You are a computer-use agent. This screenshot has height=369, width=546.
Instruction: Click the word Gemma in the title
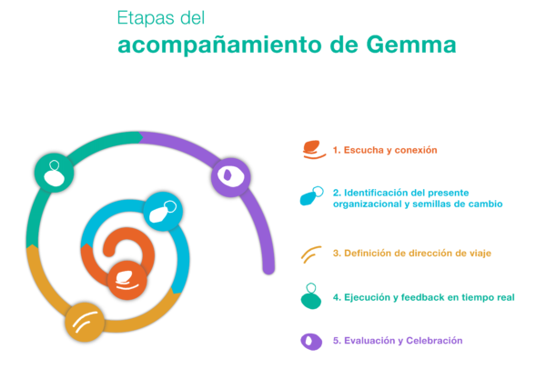[411, 45]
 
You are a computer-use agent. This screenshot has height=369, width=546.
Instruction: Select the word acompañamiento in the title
[219, 45]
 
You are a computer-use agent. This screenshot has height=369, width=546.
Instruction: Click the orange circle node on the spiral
[127, 280]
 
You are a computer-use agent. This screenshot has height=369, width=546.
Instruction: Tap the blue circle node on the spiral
[163, 212]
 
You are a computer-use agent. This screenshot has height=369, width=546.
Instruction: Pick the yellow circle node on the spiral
[85, 322]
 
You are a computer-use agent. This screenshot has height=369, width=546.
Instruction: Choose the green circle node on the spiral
[54, 173]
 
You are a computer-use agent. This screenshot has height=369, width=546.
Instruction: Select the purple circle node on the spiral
[231, 177]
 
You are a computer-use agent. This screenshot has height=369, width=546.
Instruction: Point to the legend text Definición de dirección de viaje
[418, 254]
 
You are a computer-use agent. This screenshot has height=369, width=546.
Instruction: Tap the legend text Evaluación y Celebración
[403, 341]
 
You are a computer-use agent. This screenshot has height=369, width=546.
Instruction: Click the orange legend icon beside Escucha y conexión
[314, 150]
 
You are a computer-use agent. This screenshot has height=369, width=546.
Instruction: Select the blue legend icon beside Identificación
[311, 196]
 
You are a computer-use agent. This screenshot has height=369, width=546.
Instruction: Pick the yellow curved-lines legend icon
[311, 254]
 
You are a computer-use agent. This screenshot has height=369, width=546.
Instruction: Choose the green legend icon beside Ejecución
[311, 296]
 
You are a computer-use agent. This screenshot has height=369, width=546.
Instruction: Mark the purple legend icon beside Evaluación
[311, 342]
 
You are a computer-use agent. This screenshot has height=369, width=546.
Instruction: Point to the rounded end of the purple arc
[268, 269]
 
